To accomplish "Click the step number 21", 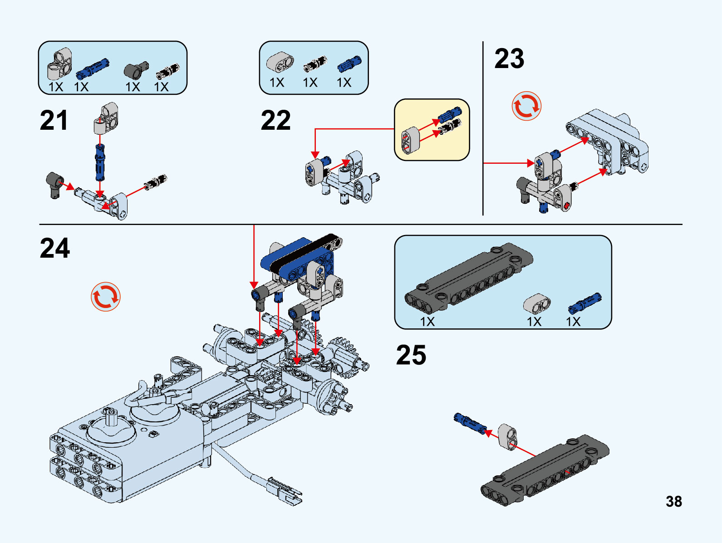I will click(54, 121).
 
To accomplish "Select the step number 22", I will click(275, 121).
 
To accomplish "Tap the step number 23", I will click(509, 59).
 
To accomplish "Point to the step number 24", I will click(55, 248).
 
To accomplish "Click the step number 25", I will click(411, 355).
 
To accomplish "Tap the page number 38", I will click(674, 501).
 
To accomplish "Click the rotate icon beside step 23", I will click(527, 106).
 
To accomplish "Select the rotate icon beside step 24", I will click(106, 297).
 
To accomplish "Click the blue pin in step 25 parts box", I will click(584, 303).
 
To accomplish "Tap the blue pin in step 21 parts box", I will click(93, 68).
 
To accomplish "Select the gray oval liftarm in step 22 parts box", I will click(280, 62).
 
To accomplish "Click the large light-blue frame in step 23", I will click(608, 141).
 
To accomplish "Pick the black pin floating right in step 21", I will click(156, 182).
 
